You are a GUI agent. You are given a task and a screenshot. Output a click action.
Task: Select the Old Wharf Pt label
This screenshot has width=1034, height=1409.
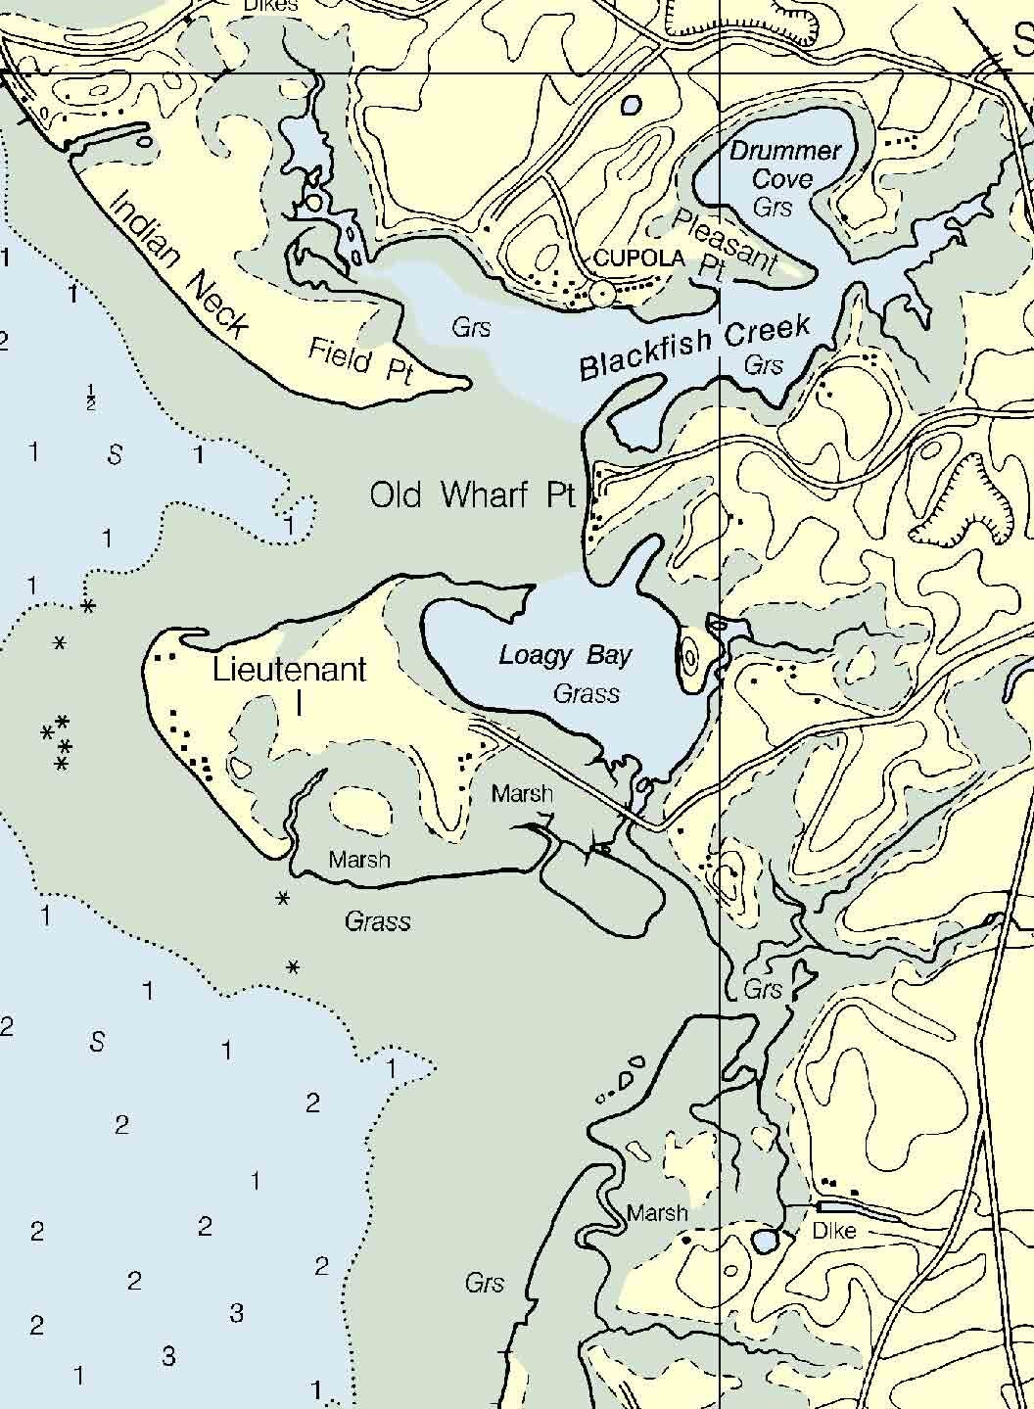click(x=472, y=495)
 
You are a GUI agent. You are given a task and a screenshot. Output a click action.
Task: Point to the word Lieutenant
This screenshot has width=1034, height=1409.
click(x=290, y=670)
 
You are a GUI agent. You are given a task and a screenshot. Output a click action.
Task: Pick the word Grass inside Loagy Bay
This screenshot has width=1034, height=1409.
click(x=587, y=693)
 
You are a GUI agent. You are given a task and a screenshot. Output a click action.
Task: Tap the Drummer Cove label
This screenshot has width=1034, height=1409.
click(x=785, y=164)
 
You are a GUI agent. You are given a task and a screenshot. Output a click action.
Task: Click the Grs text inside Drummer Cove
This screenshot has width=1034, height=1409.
click(x=773, y=207)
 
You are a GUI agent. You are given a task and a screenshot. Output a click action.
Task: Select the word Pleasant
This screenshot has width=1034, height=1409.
click(x=726, y=240)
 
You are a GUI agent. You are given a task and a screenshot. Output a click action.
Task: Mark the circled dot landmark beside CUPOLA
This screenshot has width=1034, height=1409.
click(x=601, y=293)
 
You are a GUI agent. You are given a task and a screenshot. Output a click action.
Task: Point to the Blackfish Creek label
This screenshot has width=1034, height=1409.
click(x=694, y=347)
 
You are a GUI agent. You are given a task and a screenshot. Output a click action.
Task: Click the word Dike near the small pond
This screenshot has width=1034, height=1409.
click(x=834, y=1231)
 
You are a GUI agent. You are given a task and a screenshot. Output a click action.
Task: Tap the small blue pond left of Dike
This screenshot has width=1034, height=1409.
click(x=765, y=1241)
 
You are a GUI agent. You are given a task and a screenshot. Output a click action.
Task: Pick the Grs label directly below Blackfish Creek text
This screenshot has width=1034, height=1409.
click(x=764, y=365)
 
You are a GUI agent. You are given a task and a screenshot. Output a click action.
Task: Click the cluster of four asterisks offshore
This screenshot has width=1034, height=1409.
click(x=57, y=741)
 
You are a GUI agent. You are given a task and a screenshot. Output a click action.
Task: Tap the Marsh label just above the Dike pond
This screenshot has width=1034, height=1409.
click(x=657, y=1213)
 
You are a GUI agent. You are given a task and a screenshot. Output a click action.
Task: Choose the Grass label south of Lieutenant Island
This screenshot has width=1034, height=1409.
click(x=377, y=921)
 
